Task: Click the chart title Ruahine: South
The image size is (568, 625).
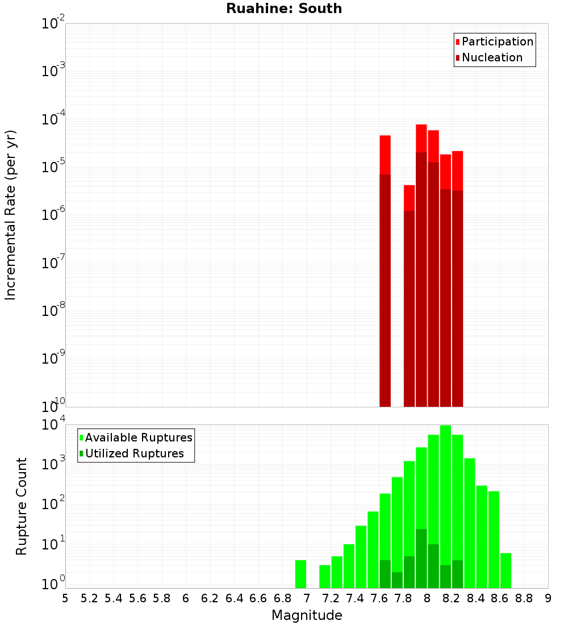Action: tap(284, 9)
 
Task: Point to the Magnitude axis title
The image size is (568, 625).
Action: tap(307, 615)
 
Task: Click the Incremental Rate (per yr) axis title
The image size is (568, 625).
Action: tap(11, 215)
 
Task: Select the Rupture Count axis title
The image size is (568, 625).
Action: tap(22, 506)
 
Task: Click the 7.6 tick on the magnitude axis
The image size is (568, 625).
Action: tap(379, 598)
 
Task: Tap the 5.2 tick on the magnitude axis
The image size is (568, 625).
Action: tap(90, 598)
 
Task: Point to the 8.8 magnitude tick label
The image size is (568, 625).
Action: tap(524, 598)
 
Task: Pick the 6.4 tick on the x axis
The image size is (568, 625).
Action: tap(235, 598)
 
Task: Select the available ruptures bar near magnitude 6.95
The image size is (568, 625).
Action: tap(300, 574)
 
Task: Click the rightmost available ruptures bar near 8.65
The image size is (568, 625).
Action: tap(506, 570)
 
